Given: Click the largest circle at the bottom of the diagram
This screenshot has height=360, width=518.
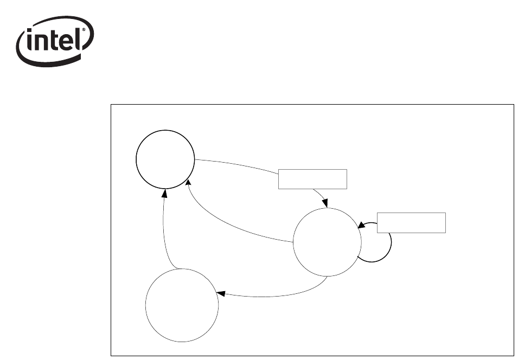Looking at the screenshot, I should pyautogui.click(x=182, y=305).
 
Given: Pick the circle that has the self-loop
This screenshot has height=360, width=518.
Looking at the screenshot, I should pyautogui.click(x=327, y=242).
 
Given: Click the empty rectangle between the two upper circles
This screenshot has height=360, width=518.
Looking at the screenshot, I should pyautogui.click(x=312, y=179).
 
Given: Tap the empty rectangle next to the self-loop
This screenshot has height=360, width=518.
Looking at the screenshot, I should pyautogui.click(x=411, y=223).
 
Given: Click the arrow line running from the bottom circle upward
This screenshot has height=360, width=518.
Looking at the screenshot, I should pyautogui.click(x=164, y=233).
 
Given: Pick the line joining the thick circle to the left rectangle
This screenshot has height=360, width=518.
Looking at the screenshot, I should pyautogui.click(x=239, y=164).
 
